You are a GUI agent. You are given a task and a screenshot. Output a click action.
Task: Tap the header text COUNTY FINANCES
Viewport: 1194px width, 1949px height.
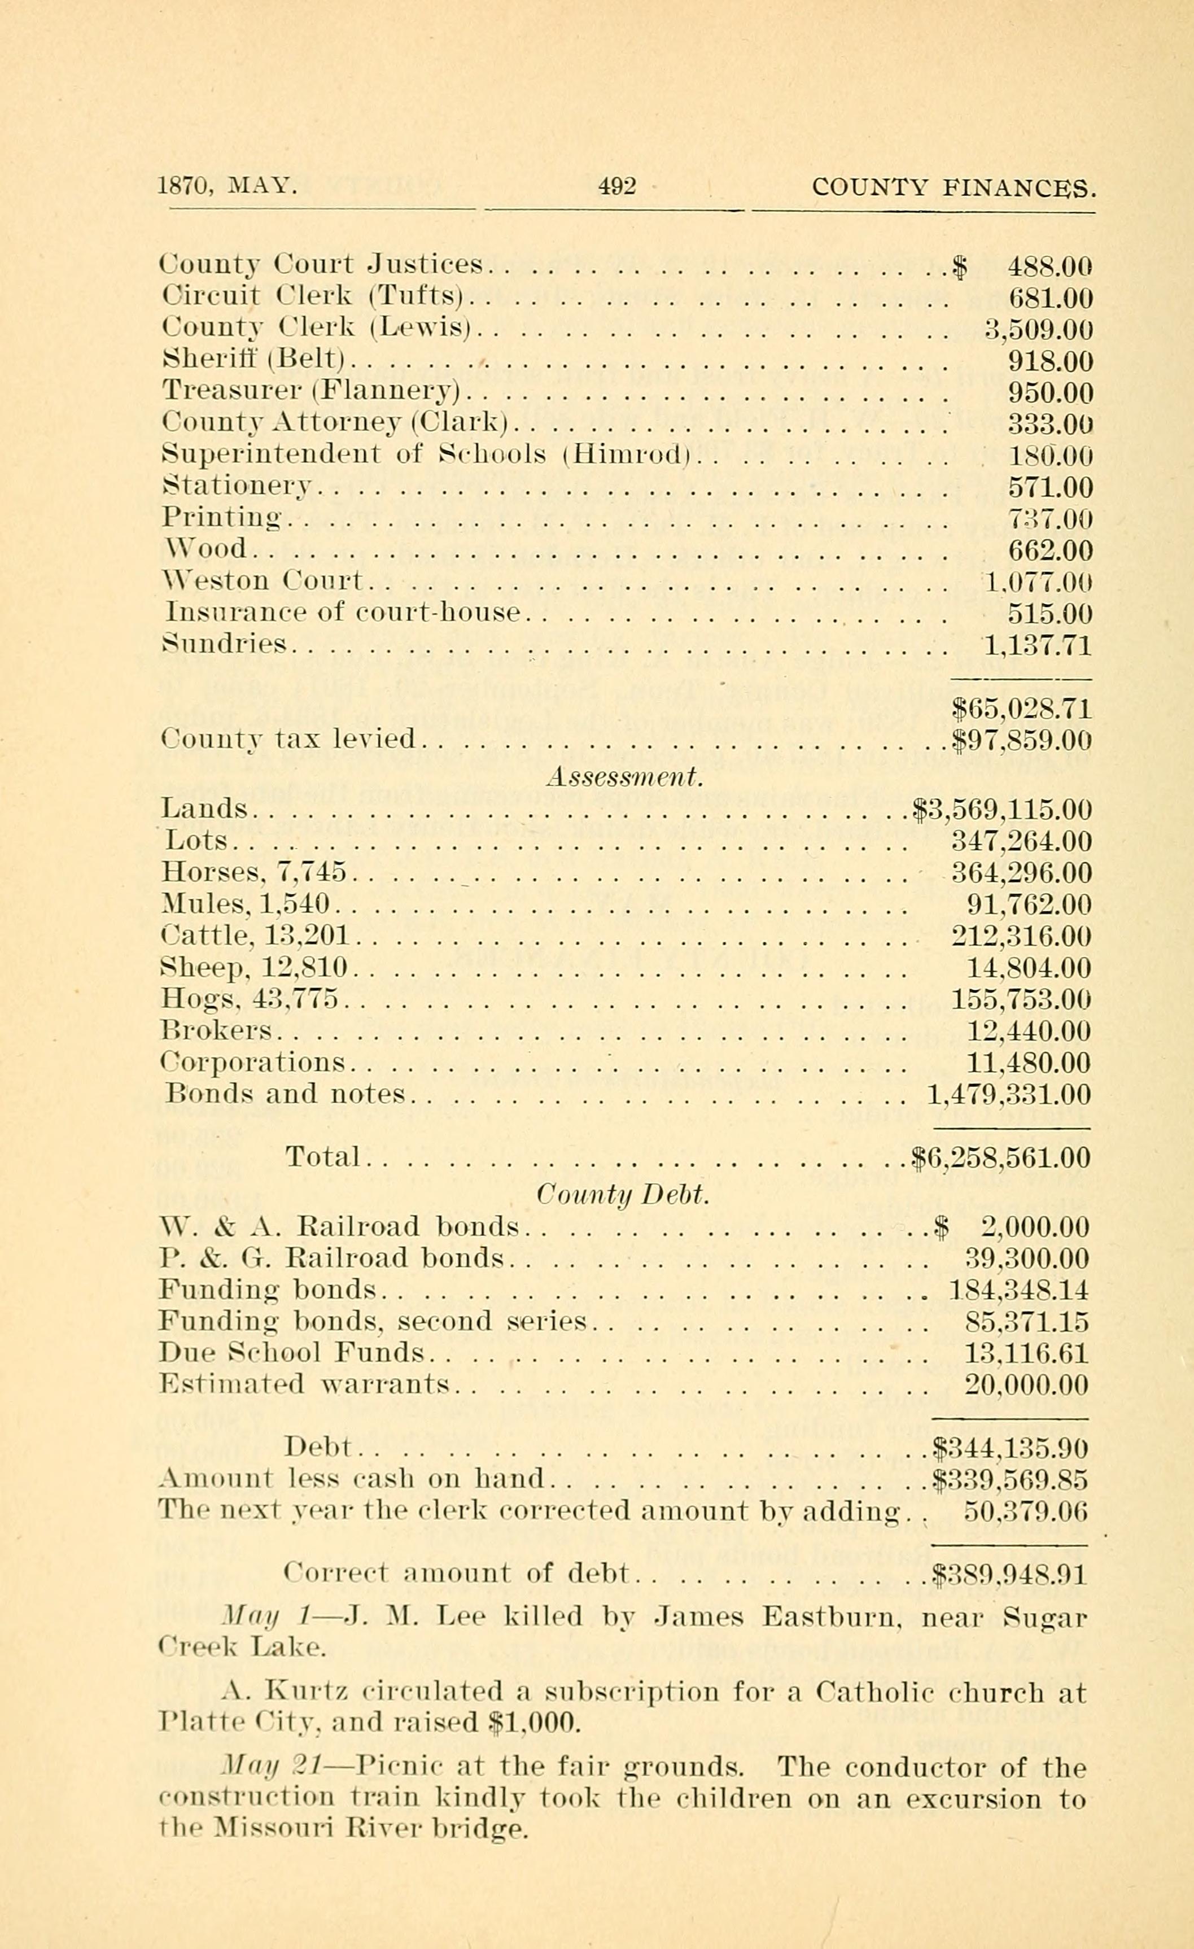[954, 187]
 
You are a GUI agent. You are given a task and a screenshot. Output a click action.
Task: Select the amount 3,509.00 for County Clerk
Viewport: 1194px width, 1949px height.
[1038, 330]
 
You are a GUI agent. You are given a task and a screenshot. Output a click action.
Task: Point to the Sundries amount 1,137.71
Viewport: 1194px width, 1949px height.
[1036, 645]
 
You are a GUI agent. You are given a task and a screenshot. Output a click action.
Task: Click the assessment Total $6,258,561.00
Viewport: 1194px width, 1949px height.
[1000, 1158]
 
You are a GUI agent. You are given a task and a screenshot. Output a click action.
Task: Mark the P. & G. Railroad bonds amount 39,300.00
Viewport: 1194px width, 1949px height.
[1027, 1258]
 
